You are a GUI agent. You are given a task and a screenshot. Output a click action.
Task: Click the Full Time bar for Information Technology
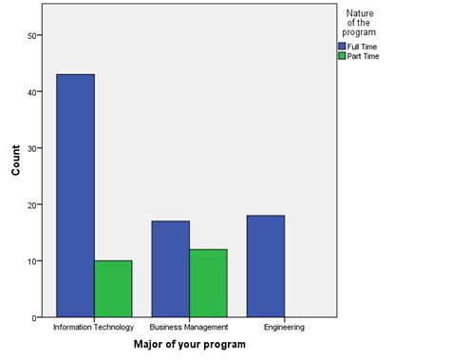point(75,195)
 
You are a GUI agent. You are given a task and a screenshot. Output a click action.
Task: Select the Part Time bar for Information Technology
point(113,288)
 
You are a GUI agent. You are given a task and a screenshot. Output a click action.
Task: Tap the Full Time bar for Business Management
point(170,269)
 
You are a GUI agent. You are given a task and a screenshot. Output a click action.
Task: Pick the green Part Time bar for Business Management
point(208,282)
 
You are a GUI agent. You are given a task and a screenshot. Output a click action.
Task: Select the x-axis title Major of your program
point(189,344)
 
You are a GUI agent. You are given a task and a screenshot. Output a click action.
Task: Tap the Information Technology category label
point(94,327)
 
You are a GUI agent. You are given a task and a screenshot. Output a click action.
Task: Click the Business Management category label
point(189,327)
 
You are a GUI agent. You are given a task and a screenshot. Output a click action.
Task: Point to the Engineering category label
point(284,327)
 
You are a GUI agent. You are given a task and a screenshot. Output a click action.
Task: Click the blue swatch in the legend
point(343,46)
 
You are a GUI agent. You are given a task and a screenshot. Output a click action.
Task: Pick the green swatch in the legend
point(343,56)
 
